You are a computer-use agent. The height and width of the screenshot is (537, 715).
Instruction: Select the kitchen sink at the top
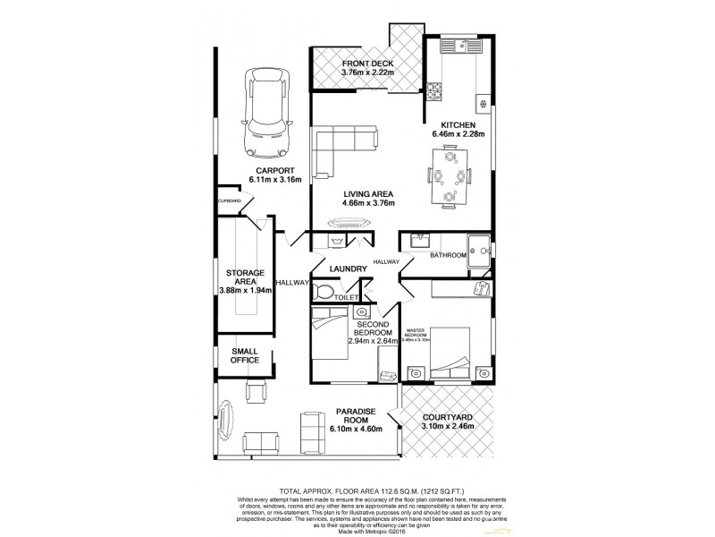[463, 45]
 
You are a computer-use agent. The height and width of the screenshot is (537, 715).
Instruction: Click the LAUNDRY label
[348, 268]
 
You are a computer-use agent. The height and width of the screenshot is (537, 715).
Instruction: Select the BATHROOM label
[448, 255]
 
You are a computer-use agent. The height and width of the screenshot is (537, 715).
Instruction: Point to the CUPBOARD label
[230, 201]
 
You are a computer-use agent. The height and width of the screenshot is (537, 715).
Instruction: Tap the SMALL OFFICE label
[245, 355]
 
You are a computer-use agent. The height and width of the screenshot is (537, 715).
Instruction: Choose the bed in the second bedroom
[330, 334]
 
